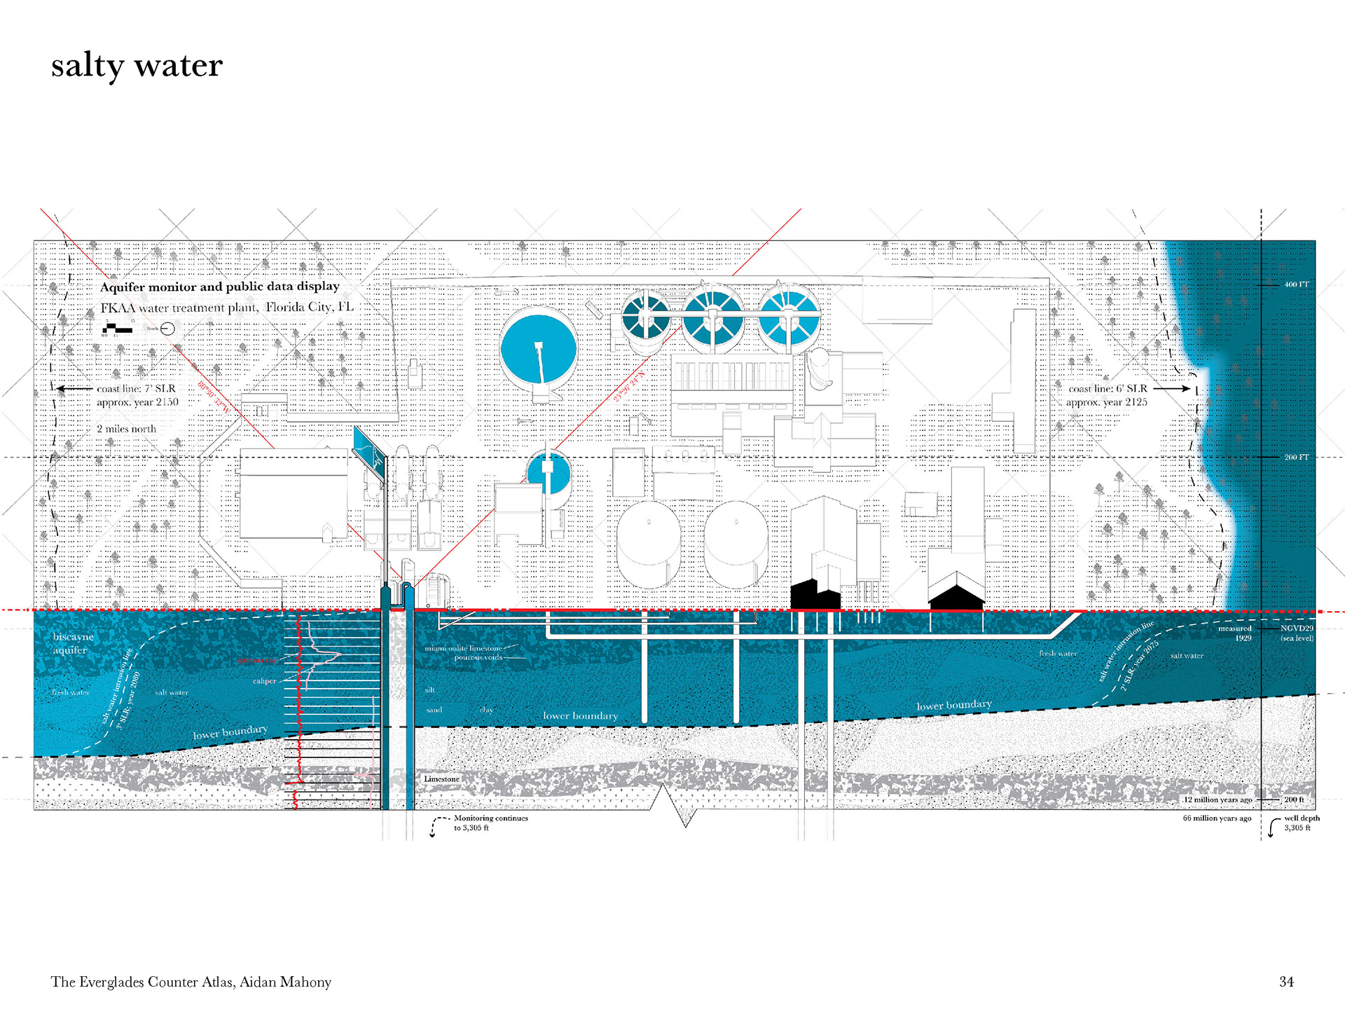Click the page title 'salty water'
click(137, 66)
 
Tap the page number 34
click(1286, 982)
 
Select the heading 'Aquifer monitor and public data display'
click(219, 287)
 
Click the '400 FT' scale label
click(1296, 284)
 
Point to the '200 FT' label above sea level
click(1296, 458)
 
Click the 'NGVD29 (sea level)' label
click(1297, 633)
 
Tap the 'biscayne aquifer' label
click(73, 643)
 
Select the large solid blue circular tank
click(538, 348)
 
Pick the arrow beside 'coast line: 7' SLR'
click(74, 388)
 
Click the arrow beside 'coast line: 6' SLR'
click(1171, 388)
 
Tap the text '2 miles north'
click(127, 429)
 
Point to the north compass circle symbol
click(167, 329)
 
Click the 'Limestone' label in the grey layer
click(441, 779)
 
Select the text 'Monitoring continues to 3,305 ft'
click(490, 823)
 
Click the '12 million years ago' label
click(1218, 799)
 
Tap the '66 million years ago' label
click(1217, 818)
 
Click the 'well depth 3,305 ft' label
click(1301, 823)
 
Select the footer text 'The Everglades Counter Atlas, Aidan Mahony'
click(191, 982)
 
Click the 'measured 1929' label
click(1235, 633)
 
